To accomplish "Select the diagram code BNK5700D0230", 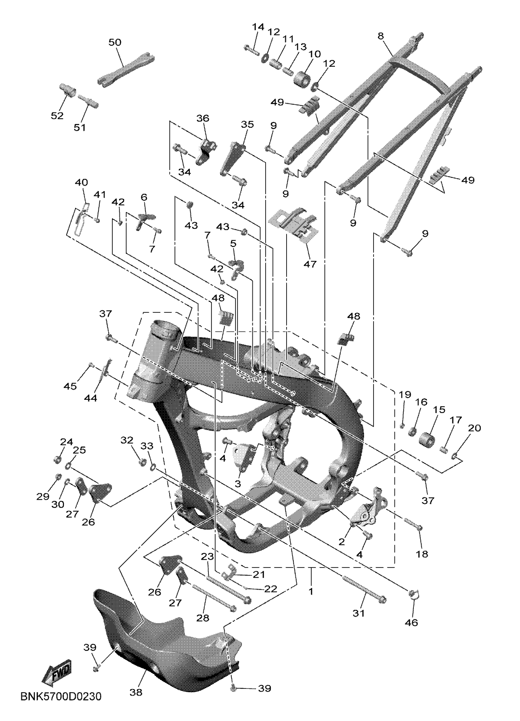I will [x=61, y=705].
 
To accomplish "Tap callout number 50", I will [x=115, y=42].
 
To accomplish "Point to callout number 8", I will [x=381, y=36].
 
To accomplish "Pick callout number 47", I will [x=310, y=264].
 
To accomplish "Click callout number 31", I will [x=358, y=613].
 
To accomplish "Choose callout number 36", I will [x=203, y=118].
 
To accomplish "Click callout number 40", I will [x=81, y=182].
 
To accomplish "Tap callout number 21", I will [x=259, y=574].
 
